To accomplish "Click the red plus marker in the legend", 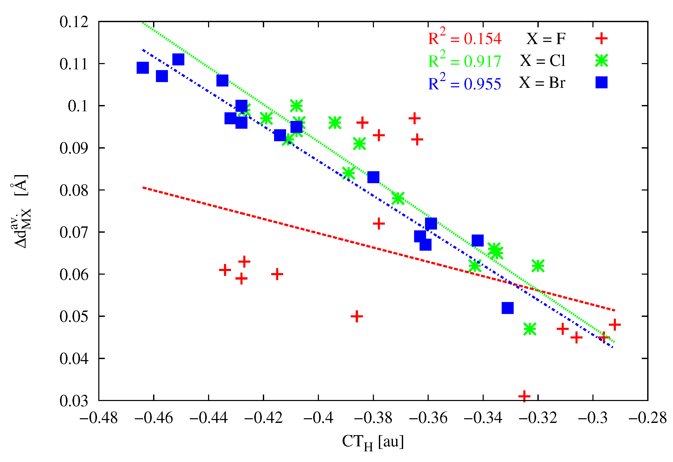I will point(601,38).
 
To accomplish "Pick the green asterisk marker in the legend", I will point(601,60).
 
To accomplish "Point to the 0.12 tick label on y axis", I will point(74,22).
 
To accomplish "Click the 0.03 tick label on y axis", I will point(74,401).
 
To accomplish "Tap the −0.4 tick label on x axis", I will point(318,418).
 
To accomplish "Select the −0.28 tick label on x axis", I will point(647,418).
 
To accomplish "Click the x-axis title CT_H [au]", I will point(373,442).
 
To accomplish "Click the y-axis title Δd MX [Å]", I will point(21,211).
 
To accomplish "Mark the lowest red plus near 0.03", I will point(524,396).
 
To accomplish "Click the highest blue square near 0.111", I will point(178,59).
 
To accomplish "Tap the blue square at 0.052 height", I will point(508,308).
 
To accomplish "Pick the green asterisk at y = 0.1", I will point(296,106).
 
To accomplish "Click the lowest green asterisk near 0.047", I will point(530,329).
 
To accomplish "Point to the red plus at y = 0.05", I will point(357,316).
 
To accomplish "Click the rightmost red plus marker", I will point(615,324).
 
